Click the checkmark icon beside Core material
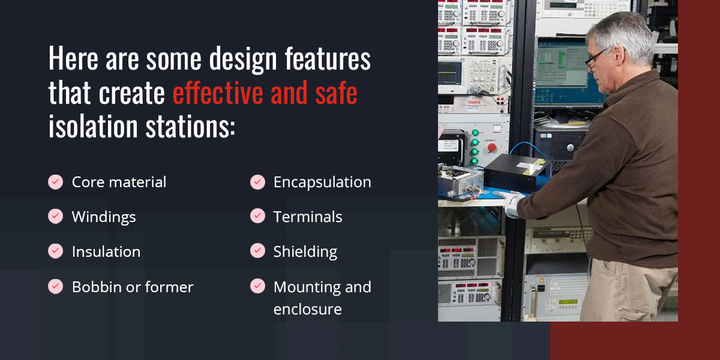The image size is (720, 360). pos(56,182)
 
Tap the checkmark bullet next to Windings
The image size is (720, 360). pos(56,217)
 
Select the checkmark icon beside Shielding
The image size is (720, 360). pos(257,251)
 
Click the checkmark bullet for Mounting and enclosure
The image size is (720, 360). pos(257,286)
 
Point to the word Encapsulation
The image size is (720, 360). pos(322,182)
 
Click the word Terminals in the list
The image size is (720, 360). pos(308,217)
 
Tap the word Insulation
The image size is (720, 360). pos(106,251)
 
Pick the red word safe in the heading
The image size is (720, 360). pos(336,93)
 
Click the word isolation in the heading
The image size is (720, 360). pos(93,126)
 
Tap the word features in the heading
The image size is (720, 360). pos(328,59)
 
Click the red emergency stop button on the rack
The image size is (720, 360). pos(491,148)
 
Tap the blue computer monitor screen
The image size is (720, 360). pos(568,70)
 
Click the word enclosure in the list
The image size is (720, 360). pos(308,309)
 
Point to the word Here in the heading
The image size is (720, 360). pos(73,58)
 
